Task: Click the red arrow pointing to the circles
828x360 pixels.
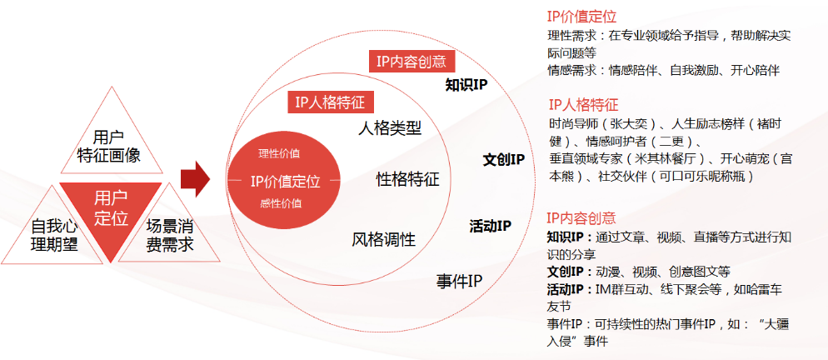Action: click(x=194, y=180)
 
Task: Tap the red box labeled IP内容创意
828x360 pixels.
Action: click(x=411, y=61)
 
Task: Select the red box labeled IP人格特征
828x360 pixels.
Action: click(x=330, y=102)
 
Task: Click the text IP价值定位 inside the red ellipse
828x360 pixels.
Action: click(x=284, y=180)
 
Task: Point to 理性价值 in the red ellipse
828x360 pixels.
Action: click(x=280, y=154)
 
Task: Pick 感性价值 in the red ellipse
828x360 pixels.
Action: click(x=281, y=203)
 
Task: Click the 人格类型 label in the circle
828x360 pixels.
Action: click(x=390, y=129)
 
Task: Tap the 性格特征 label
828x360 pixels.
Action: click(x=407, y=179)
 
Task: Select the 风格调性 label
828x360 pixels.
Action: click(x=383, y=240)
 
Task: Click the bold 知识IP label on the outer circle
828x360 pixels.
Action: click(x=466, y=85)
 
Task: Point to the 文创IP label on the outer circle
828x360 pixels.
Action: click(x=503, y=159)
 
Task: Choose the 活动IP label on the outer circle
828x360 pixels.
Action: click(x=490, y=225)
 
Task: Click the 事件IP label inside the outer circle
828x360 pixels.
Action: click(x=460, y=280)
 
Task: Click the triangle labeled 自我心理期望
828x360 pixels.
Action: click(x=54, y=234)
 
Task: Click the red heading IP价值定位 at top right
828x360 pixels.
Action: click(x=581, y=17)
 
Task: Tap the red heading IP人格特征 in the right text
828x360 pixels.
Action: click(x=583, y=105)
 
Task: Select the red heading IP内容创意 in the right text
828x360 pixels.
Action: click(x=581, y=218)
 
